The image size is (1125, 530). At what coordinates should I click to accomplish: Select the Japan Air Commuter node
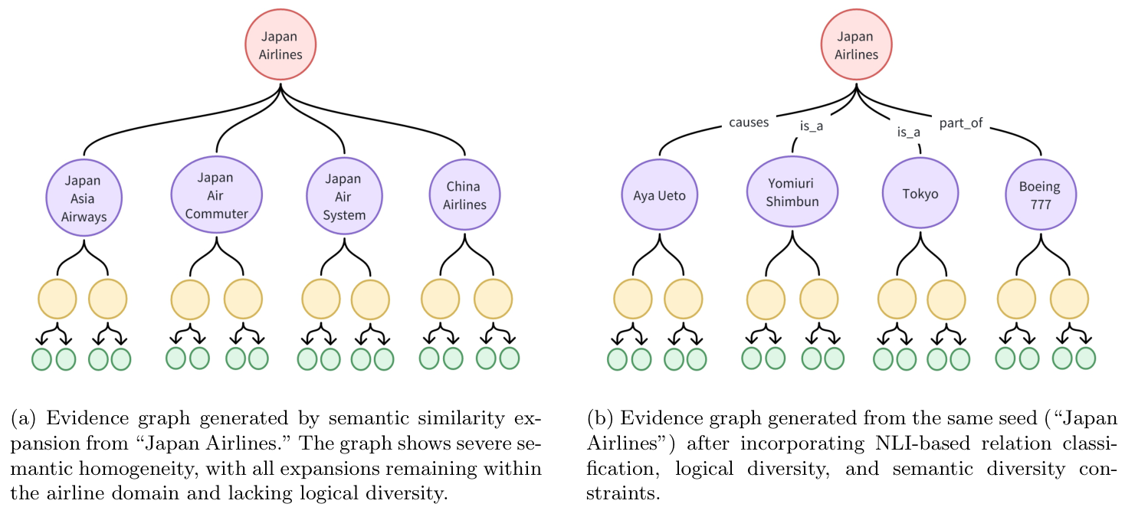[216, 195]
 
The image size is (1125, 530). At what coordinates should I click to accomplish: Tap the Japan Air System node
[344, 196]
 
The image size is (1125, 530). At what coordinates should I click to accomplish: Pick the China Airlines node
[464, 195]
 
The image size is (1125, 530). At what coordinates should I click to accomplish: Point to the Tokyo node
[920, 194]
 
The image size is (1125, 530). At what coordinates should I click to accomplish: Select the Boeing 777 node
[1040, 195]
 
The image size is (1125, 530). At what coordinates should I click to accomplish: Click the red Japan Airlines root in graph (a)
[280, 45]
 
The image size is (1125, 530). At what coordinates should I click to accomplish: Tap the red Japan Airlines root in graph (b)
[856, 45]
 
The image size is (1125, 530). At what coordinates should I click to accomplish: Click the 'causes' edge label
[749, 123]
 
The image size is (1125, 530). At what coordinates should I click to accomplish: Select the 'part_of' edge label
[961, 123]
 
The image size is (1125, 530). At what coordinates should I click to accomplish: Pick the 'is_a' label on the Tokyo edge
[908, 132]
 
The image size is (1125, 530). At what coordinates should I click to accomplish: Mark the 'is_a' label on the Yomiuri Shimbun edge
[811, 126]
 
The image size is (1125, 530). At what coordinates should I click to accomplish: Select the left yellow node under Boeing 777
[1016, 299]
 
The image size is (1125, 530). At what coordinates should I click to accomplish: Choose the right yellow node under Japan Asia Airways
[107, 299]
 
